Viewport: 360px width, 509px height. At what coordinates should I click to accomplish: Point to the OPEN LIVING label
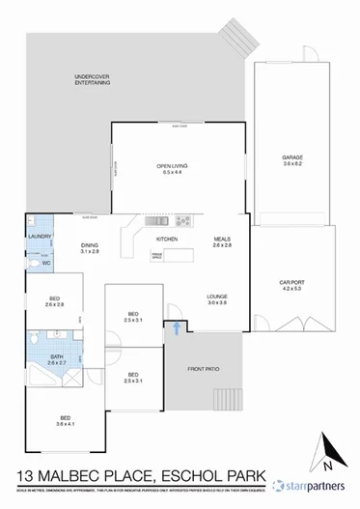tap(173, 167)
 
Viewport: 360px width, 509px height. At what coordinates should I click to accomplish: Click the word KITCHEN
tap(168, 239)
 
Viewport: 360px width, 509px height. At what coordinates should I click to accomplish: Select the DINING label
tap(90, 245)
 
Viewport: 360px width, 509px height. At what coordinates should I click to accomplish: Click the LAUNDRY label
tap(40, 236)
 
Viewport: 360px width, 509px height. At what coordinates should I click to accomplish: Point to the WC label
tap(45, 262)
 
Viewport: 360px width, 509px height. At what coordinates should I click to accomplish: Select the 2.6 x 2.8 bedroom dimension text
tap(54, 305)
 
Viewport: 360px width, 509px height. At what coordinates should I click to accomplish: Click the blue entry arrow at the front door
tap(177, 329)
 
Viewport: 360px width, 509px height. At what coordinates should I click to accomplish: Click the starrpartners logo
tap(309, 486)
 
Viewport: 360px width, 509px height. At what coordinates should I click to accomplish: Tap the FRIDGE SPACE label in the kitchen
tap(157, 256)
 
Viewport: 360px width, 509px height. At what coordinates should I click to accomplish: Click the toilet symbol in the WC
tap(33, 263)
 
